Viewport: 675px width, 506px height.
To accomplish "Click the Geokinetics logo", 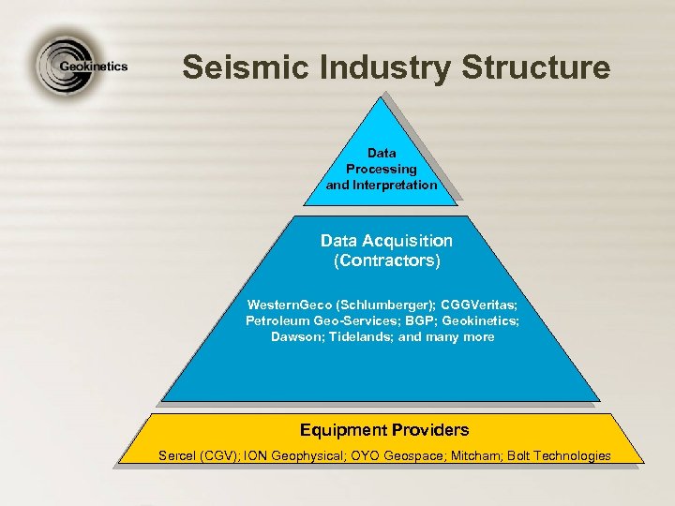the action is [80, 67].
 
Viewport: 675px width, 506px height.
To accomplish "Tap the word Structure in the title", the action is [535, 67].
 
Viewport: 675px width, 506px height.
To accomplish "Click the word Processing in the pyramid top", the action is [382, 169].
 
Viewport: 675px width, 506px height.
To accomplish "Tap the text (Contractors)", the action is [386, 260].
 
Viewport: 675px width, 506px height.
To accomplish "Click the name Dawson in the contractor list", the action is [295, 336].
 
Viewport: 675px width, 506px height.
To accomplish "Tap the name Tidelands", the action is [359, 336].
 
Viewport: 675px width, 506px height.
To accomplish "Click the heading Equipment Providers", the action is [384, 430].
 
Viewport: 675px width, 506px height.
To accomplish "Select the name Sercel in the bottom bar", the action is [178, 455].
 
